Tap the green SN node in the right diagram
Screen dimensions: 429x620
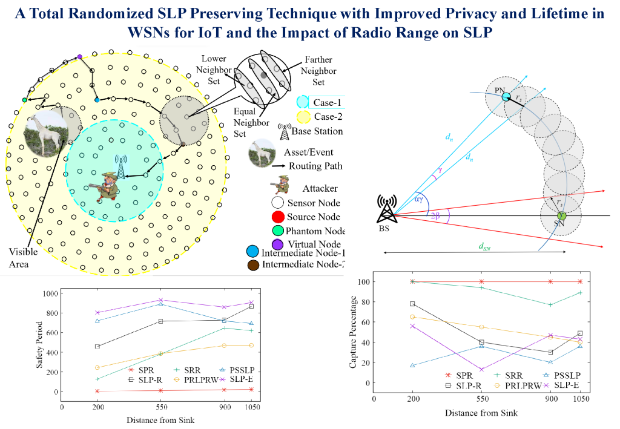561,215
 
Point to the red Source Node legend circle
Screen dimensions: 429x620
279,217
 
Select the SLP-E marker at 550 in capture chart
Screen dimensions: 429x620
481,370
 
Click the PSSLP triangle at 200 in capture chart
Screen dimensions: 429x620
412,365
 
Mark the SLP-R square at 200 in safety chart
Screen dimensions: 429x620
96,347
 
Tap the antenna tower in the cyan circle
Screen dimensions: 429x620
121,167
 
